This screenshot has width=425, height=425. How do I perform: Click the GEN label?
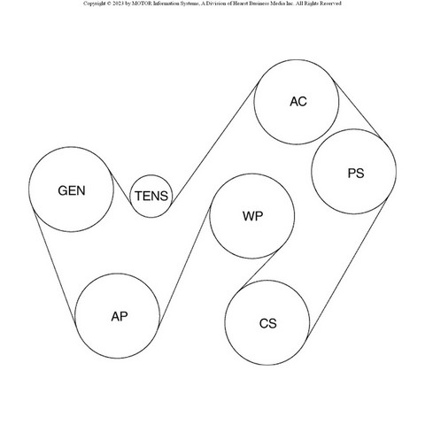pos(72,190)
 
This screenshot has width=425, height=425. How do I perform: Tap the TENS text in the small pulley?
pos(151,196)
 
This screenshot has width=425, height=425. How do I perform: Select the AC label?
pos(298,102)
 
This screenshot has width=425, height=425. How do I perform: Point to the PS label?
pos(356,174)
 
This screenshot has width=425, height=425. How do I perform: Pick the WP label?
pos(252,216)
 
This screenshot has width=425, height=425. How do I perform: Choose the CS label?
pos(268,323)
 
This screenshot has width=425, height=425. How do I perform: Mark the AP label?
pos(120,317)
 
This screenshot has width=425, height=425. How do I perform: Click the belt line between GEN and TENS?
pos(120,188)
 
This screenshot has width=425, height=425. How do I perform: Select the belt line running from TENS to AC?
pos(214,143)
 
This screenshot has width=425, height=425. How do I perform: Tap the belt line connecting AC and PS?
pos(358,109)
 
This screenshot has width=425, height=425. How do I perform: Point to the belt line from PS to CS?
pos(347,268)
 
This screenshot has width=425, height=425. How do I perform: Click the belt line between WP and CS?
pos(259,269)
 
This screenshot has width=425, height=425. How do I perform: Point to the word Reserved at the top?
pos(331,4)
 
